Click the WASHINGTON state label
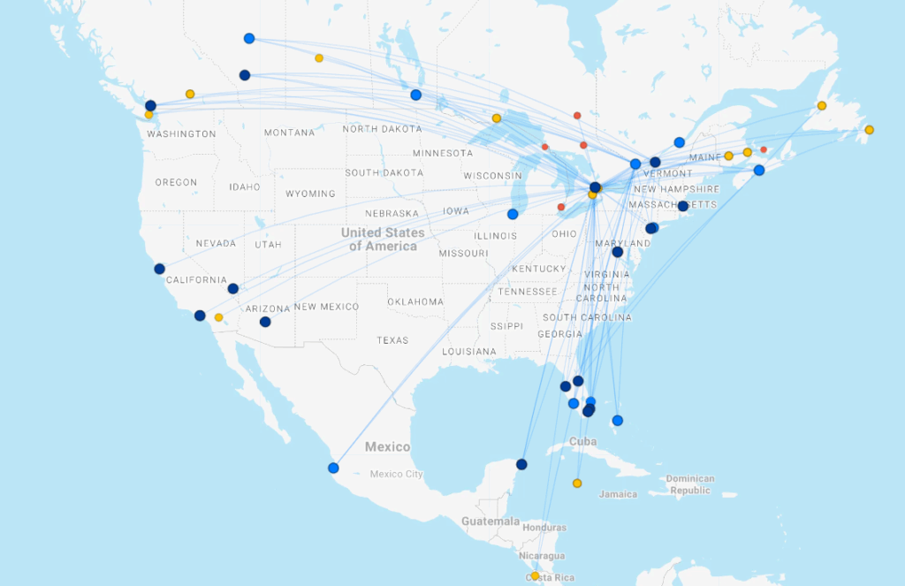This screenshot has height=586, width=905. (x=181, y=134)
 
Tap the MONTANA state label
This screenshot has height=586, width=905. (x=289, y=133)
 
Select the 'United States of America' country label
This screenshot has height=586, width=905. (x=383, y=239)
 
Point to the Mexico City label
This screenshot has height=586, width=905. (x=397, y=475)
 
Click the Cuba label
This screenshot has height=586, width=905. (x=582, y=442)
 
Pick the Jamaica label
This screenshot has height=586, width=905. (x=618, y=494)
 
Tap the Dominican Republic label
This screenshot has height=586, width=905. (x=690, y=484)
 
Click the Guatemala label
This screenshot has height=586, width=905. (x=490, y=521)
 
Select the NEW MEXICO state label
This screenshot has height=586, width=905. (x=327, y=307)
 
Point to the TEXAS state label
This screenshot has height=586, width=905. (x=392, y=340)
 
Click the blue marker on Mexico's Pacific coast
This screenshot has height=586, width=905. (x=333, y=468)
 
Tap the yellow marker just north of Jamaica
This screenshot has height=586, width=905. (x=577, y=483)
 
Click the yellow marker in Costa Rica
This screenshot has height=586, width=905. (x=535, y=576)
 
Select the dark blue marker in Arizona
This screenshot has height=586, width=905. (x=265, y=322)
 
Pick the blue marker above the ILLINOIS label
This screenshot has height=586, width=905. (x=513, y=214)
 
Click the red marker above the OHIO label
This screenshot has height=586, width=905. (x=561, y=208)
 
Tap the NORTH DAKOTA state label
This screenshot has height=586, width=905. (x=382, y=129)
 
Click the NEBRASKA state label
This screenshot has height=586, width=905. (x=392, y=213)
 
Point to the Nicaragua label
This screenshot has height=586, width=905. (x=542, y=556)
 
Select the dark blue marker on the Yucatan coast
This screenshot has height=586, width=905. (x=521, y=464)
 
